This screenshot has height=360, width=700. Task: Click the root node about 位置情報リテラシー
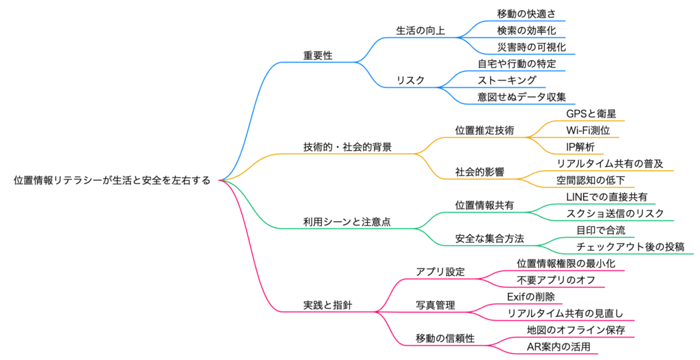113,180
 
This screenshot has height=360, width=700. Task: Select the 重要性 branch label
318,55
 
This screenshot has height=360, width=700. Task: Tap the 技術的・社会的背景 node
347,147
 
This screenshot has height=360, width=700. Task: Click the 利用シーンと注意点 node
347,222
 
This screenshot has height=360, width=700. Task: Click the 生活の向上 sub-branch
420,30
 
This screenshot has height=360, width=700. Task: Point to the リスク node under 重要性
410,81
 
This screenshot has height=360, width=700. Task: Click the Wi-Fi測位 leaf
588,130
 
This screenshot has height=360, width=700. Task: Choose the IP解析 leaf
580,147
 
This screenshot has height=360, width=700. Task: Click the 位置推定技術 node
484,130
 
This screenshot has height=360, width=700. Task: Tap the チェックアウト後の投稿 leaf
630,247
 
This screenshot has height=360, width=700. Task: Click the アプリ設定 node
440,271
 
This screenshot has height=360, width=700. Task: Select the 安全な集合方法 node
489,238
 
